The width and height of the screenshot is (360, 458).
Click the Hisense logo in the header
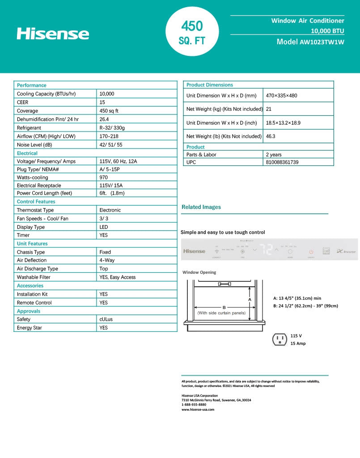(x=53, y=34)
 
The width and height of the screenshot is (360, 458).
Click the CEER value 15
(x=102, y=102)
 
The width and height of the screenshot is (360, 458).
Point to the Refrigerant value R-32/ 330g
(x=112, y=128)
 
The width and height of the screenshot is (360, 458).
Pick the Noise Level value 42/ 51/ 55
(x=110, y=145)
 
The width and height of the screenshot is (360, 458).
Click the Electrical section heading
(x=27, y=153)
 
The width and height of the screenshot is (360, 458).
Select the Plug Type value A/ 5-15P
(x=110, y=170)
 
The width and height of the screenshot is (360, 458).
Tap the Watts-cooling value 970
(x=104, y=178)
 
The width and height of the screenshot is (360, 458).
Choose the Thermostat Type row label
(x=35, y=210)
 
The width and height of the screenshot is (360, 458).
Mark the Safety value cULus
(x=106, y=319)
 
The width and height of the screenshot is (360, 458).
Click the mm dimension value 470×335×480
(x=281, y=96)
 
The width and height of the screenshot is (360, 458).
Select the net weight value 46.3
(x=271, y=136)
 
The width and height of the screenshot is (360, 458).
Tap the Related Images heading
(x=201, y=207)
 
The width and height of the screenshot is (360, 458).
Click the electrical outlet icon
(x=280, y=339)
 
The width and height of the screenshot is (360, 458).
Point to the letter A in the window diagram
(x=250, y=299)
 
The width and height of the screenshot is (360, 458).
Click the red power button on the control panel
(x=311, y=252)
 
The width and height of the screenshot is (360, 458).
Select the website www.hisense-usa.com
(x=198, y=409)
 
